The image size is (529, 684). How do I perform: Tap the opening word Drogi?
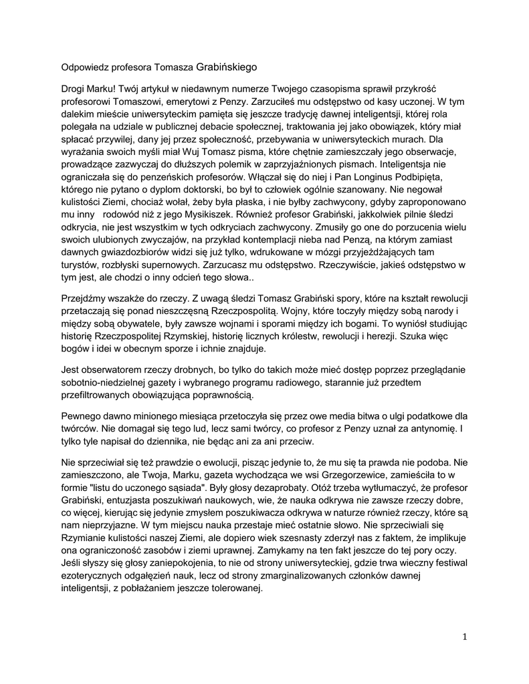(x=74, y=90)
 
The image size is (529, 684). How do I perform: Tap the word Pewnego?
(x=80, y=418)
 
